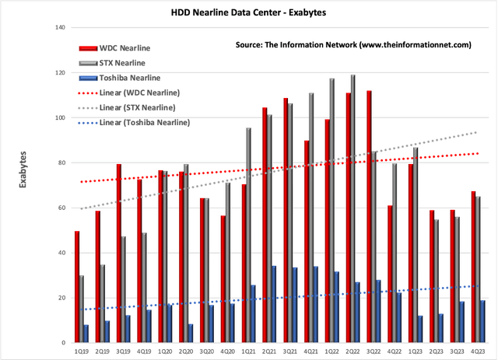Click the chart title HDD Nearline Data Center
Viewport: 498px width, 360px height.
[x=249, y=13]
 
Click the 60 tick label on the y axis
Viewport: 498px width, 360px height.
[x=60, y=208]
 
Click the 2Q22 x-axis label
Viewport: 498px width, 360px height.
[x=349, y=351]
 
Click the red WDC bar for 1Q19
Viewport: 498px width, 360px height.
[x=77, y=287]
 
